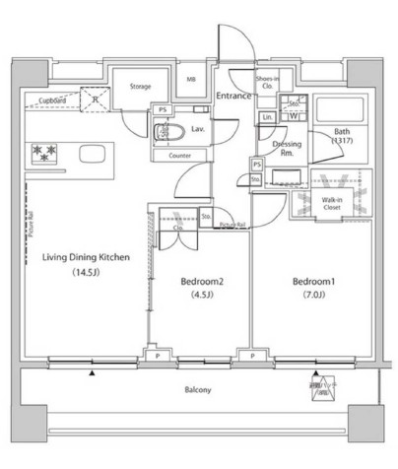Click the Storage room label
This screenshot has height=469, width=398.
[140, 88]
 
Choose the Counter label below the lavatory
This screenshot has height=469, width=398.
[179, 156]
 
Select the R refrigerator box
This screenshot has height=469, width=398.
[95, 100]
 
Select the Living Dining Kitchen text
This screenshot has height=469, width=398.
[87, 258]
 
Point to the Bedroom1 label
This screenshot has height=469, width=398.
[313, 281]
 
